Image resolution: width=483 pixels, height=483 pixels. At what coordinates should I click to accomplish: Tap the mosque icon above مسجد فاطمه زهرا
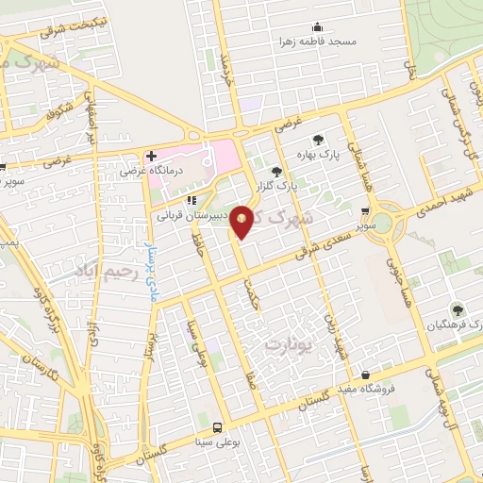[x=317, y=26]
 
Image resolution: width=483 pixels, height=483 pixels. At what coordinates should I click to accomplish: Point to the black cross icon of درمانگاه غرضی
[x=150, y=156]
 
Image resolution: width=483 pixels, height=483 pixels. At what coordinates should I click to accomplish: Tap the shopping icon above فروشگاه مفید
[x=365, y=375]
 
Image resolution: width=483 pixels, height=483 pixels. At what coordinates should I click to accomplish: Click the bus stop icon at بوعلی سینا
[x=219, y=427]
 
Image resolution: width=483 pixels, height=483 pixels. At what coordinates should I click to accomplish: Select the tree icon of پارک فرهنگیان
[x=457, y=308]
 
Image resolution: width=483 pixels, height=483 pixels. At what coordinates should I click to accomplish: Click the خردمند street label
[x=225, y=67]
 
